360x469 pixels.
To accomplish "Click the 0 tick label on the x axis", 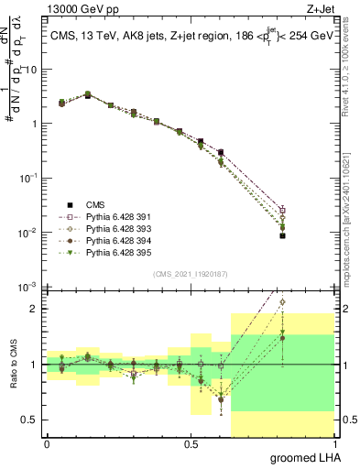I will [47, 443].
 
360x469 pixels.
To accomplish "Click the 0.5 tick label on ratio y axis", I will [29, 420].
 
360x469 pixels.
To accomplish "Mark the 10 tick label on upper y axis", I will [29, 70].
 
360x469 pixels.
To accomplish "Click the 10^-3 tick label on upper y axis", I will [27, 288].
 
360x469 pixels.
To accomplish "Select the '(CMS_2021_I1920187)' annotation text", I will [190, 273].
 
